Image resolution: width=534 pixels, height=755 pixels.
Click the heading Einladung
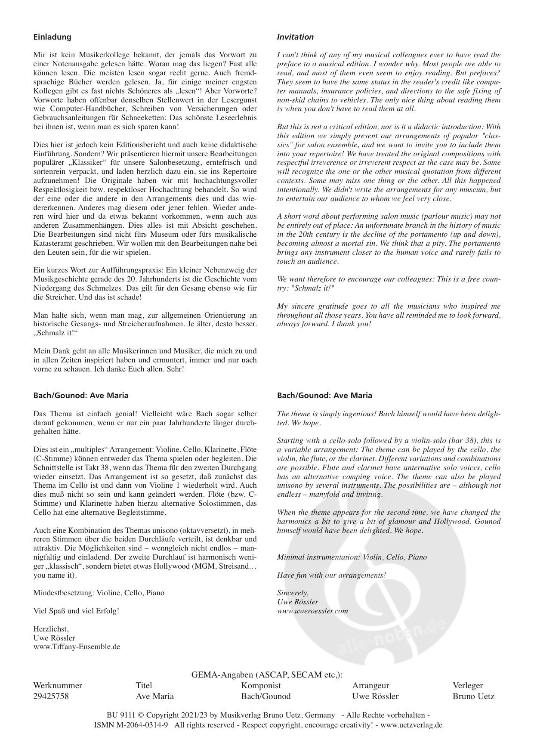pyautogui.click(x=52, y=37)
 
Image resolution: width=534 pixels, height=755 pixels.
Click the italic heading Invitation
pyautogui.click(x=295, y=37)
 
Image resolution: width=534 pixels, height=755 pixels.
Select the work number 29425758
pyautogui.click(x=51, y=696)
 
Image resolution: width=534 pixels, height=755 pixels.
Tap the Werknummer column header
pyautogui.click(x=57, y=685)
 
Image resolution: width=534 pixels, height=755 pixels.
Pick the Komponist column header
pyautogui.click(x=261, y=685)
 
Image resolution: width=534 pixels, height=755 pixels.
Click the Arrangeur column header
pyautogui.click(x=370, y=685)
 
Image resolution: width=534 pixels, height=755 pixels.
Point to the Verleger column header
pyautogui.click(x=468, y=685)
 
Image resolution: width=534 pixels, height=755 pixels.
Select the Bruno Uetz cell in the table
pyautogui.click(x=473, y=696)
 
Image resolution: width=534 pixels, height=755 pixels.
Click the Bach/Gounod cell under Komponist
pyautogui.click(x=266, y=696)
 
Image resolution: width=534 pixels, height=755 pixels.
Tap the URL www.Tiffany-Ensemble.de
pyautogui.click(x=77, y=647)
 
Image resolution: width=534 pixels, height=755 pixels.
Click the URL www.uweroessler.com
pyautogui.click(x=312, y=611)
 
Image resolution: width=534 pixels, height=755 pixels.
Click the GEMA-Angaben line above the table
pyautogui.click(x=267, y=675)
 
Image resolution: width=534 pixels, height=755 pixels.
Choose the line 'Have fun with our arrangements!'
pyautogui.click(x=331, y=575)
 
